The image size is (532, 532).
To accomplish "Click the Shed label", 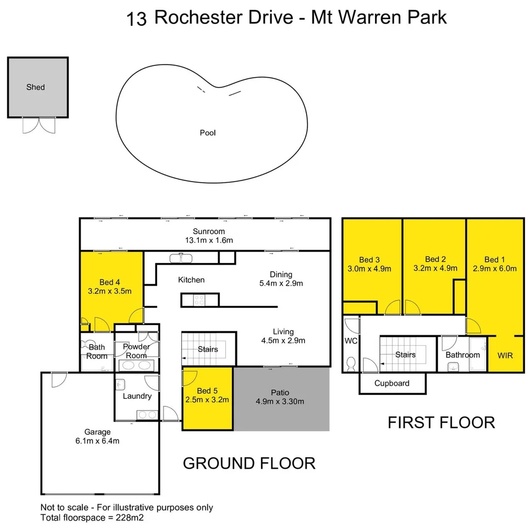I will tap(35, 87).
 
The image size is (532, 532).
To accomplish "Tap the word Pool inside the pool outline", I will tap(207, 133).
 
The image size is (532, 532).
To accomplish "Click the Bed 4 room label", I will tap(110, 282).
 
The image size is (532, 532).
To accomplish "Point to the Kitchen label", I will tap(191, 280).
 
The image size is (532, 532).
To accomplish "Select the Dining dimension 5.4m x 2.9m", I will tap(281, 283).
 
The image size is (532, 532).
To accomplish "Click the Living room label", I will tap(283, 331).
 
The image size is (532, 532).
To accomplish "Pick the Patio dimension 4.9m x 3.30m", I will tap(280, 401).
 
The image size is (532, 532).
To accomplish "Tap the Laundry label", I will tap(137, 396).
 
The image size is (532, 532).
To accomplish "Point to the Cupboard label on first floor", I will tap(392, 383).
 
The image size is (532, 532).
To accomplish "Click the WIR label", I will tap(505, 355).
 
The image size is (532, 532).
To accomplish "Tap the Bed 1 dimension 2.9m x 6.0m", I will tap(494, 269).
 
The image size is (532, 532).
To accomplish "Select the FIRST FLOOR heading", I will tap(441, 423).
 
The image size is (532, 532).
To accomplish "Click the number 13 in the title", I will tap(136, 19).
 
